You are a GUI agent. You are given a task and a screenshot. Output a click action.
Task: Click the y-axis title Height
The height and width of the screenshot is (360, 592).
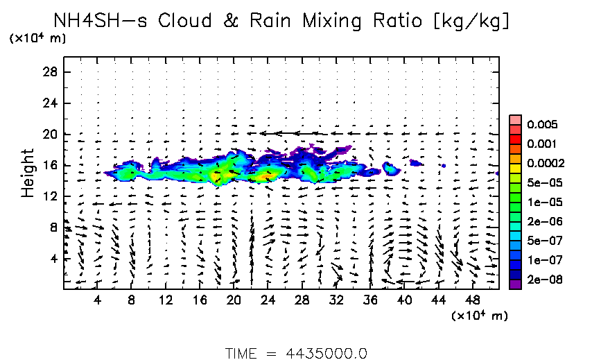pyautogui.click(x=28, y=172)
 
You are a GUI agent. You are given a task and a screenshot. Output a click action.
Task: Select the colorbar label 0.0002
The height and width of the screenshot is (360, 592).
pyautogui.click(x=546, y=164)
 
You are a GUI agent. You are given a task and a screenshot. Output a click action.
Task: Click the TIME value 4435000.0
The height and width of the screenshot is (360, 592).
pyautogui.click(x=327, y=353)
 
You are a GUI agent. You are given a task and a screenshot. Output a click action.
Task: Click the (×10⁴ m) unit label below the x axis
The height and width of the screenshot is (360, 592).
pyautogui.click(x=480, y=316)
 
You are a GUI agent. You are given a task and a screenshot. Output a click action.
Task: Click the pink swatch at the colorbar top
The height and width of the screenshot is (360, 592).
pyautogui.click(x=516, y=119)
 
